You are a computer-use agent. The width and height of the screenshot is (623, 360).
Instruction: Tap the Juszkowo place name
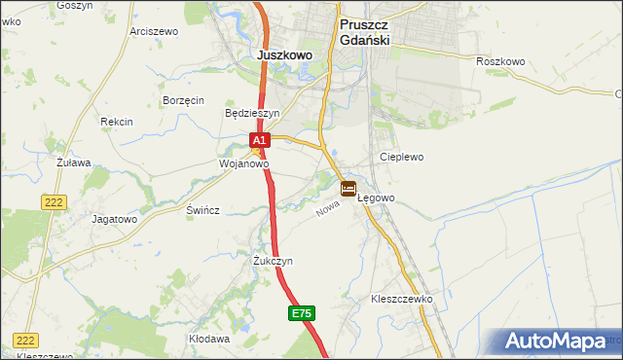pyautogui.click(x=285, y=55)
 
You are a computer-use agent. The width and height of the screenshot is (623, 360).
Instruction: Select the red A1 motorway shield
pyautogui.click(x=258, y=142)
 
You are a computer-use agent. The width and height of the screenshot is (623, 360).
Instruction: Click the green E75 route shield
pyautogui.click(x=302, y=313)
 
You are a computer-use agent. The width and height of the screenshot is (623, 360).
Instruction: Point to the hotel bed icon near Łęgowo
pyautogui.click(x=348, y=188)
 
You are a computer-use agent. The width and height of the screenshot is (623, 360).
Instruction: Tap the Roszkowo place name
pyautogui.click(x=500, y=61)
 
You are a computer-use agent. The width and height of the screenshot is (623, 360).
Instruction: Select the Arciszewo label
pyautogui.click(x=154, y=31)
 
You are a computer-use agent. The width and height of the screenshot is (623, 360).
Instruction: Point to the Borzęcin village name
pyautogui.click(x=183, y=100)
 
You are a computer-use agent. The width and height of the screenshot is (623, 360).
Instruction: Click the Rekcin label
pyautogui.click(x=117, y=122)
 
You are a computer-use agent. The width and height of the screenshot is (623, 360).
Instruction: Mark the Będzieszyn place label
pyautogui.click(x=252, y=113)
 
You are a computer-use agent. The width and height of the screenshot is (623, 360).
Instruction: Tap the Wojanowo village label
pyautogui.click(x=243, y=164)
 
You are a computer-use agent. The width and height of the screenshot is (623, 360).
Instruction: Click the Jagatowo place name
pyautogui.click(x=114, y=219)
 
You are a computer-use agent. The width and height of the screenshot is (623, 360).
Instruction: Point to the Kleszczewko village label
pyautogui.click(x=401, y=299)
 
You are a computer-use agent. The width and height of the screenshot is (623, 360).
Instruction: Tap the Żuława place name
pyautogui.click(x=73, y=162)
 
